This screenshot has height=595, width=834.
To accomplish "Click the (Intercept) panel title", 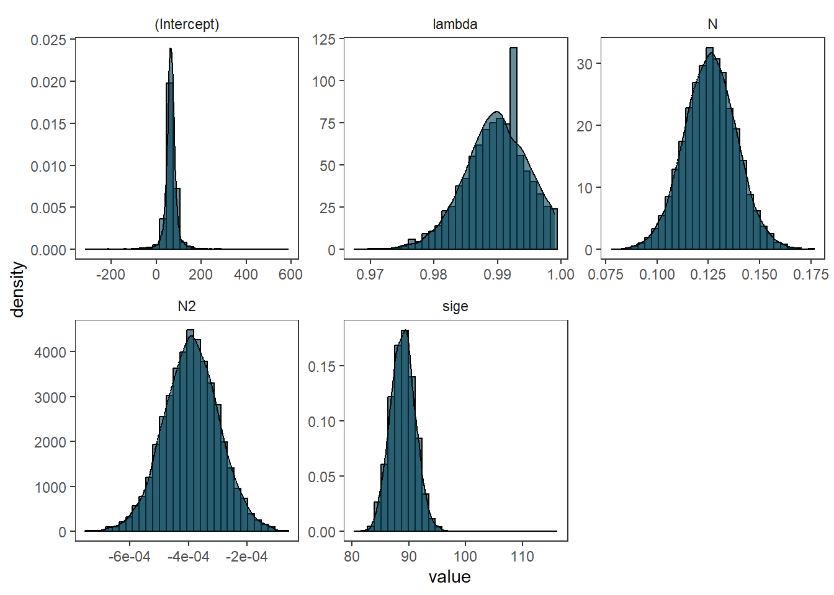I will click(x=187, y=25).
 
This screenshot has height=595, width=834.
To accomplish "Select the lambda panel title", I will click(x=455, y=25).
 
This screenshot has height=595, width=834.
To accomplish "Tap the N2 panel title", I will click(x=187, y=307).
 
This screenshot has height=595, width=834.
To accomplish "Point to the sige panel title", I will click(x=455, y=307).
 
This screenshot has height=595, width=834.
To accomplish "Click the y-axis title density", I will click(x=18, y=289).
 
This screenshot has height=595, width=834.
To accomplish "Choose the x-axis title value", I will click(x=449, y=577).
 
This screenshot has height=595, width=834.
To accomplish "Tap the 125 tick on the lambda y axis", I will click(x=323, y=40).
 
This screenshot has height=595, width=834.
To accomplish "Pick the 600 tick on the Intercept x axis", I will click(x=290, y=275).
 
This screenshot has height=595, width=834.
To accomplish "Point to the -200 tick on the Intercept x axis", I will click(x=110, y=275).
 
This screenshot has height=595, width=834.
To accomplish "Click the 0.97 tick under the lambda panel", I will click(x=370, y=275).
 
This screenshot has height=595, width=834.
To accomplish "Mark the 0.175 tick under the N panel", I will click(x=810, y=275).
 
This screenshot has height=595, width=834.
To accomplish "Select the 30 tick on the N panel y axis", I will click(x=585, y=64).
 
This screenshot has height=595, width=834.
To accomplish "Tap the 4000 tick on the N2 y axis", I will click(x=50, y=352).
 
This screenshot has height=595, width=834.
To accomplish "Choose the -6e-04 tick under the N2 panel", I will click(x=129, y=557).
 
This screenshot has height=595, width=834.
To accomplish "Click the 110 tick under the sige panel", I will click(x=522, y=557).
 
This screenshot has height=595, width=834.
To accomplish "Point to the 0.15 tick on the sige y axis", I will click(x=321, y=366).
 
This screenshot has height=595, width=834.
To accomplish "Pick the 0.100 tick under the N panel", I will click(x=657, y=275).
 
